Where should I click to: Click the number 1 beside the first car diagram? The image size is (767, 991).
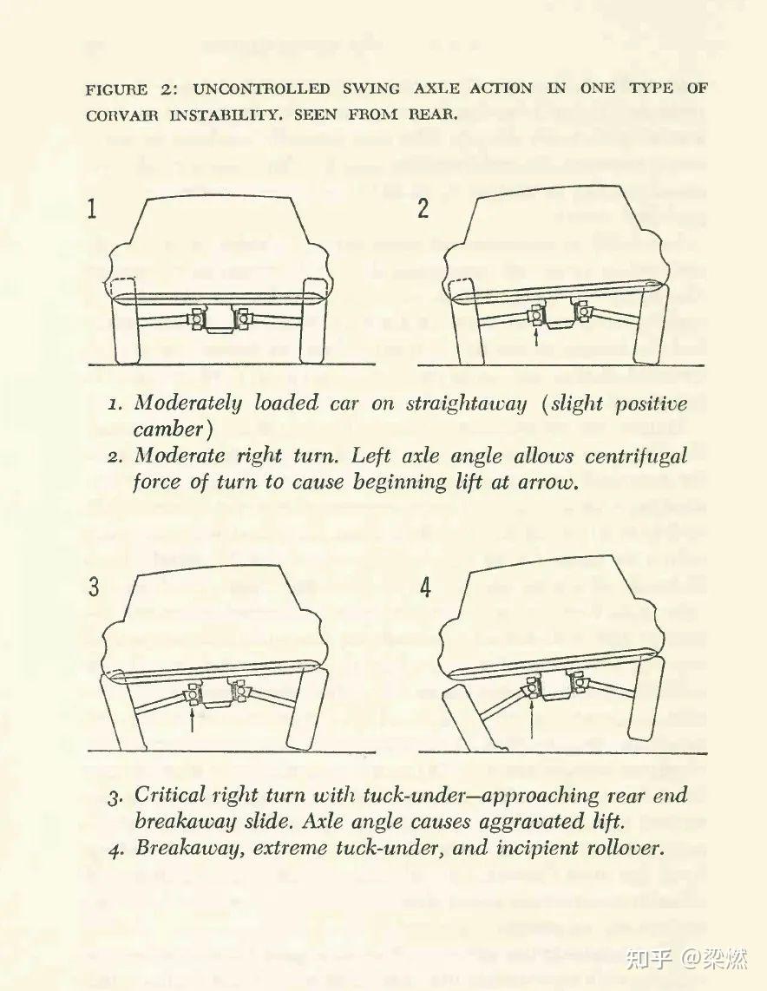click(x=93, y=209)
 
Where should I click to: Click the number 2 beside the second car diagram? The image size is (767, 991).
click(x=423, y=210)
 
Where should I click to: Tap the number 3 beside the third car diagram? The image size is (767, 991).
click(x=94, y=587)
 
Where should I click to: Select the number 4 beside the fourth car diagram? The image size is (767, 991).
click(x=425, y=587)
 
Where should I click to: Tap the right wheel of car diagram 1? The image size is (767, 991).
click(x=311, y=320)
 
